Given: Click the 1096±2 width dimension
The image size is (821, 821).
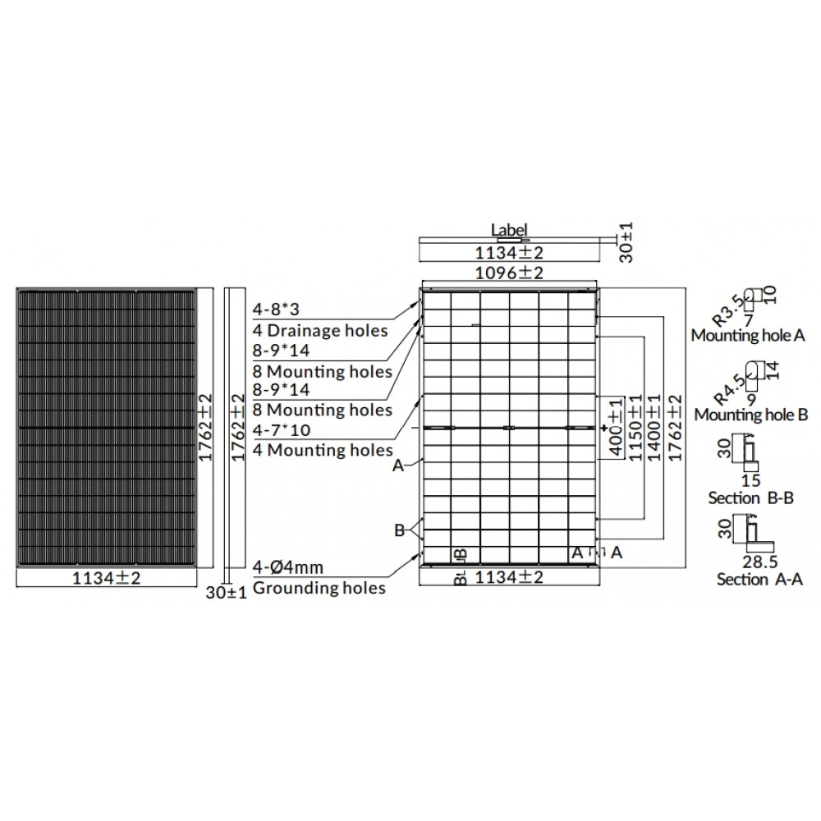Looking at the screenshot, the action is [x=509, y=273].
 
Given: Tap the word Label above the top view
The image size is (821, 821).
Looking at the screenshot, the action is [x=509, y=230].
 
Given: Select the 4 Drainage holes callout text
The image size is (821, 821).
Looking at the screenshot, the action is [x=320, y=330].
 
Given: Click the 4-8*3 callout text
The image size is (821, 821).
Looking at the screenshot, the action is [x=276, y=310].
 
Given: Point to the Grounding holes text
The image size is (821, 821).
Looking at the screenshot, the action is [x=319, y=588].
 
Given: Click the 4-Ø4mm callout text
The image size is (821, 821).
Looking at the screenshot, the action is [x=287, y=567].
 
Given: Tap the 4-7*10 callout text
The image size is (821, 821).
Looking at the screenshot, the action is [x=281, y=430].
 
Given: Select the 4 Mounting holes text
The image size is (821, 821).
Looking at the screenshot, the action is [x=323, y=450].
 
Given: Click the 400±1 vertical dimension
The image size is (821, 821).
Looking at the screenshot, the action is [x=617, y=427].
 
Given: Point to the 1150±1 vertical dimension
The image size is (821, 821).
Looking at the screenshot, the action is [x=635, y=427].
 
